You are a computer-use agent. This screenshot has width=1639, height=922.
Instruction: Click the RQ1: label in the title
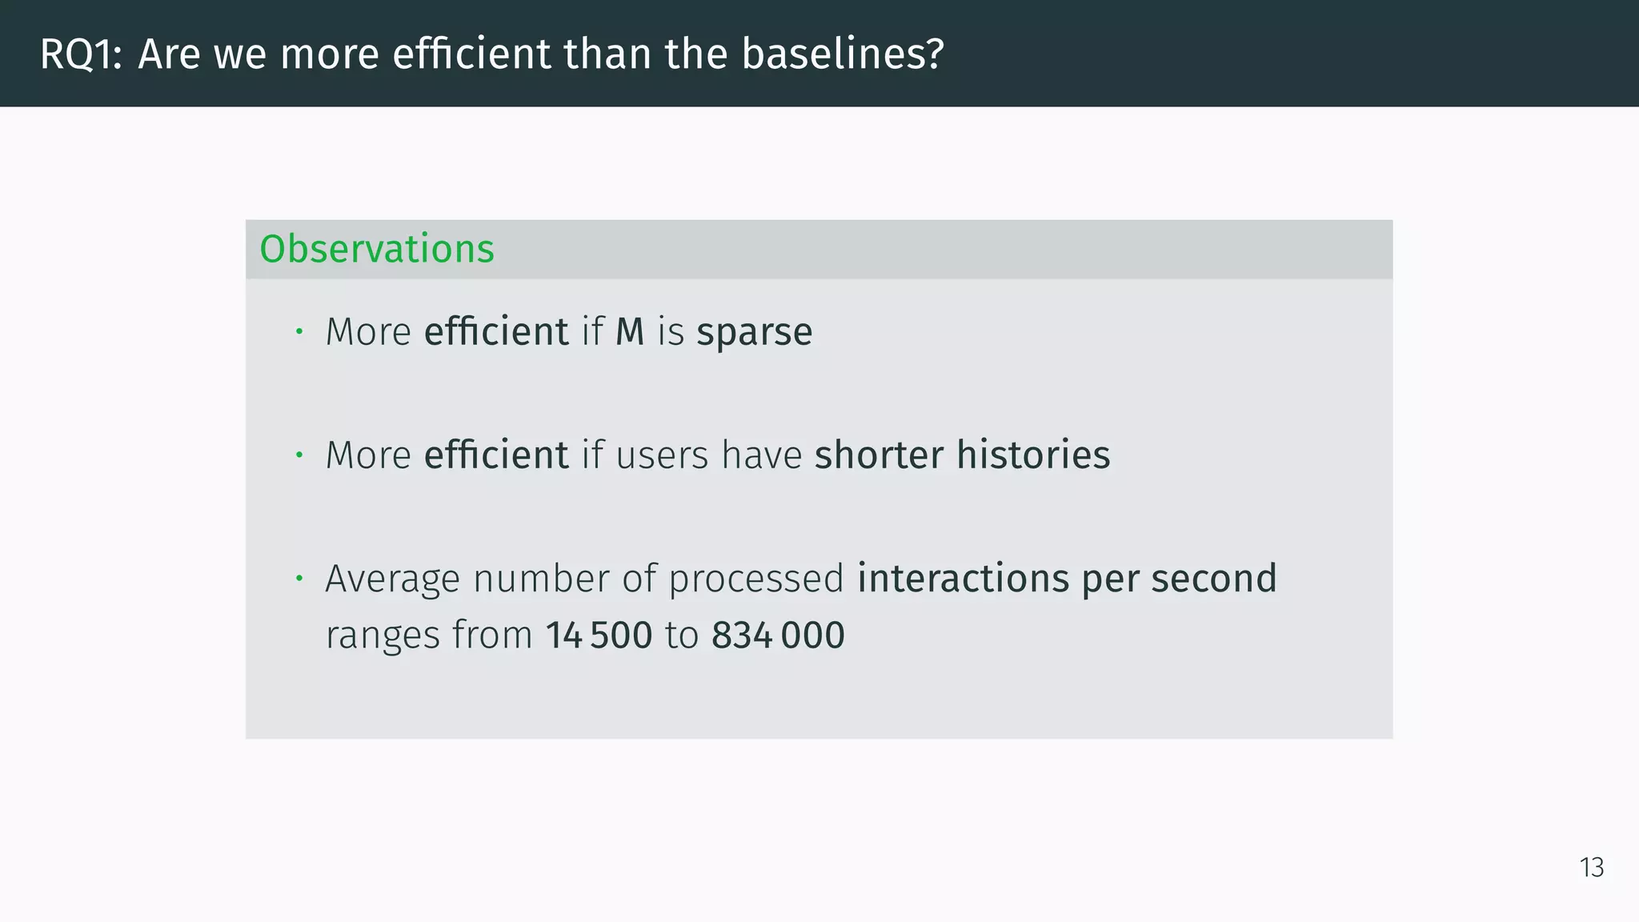[81, 54]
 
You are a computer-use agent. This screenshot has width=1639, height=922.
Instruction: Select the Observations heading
[377, 249]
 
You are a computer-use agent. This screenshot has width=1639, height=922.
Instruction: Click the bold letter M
[630, 332]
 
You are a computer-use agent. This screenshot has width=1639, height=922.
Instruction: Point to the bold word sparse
[754, 332]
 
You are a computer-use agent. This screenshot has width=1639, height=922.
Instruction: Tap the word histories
[1033, 455]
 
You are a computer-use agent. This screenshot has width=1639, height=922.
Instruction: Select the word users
[662, 455]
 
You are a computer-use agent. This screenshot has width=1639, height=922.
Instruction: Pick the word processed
[755, 579]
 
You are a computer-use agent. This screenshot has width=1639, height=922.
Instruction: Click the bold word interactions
[963, 579]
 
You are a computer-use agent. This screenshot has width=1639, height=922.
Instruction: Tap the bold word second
[1213, 579]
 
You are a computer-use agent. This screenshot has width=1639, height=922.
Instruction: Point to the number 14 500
[599, 635]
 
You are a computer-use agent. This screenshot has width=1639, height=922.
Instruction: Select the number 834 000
[777, 635]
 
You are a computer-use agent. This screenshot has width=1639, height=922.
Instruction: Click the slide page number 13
[1591, 868]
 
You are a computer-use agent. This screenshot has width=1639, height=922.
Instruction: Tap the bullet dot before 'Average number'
[299, 578]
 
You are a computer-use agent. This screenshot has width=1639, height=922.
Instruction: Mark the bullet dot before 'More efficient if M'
[299, 331]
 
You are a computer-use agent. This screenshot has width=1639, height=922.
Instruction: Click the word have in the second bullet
[761, 455]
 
